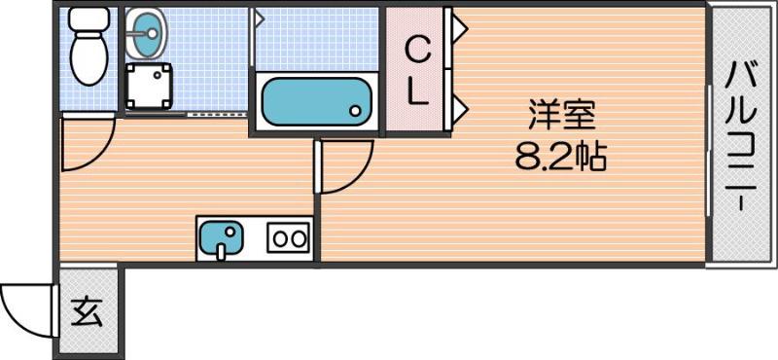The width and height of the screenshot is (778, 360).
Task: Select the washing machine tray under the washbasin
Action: (149, 87)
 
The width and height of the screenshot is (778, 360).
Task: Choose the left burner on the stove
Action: (279, 236)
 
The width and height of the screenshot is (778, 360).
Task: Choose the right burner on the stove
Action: (300, 236)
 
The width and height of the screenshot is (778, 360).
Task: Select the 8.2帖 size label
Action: (561, 156)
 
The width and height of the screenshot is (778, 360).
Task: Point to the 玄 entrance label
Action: (88, 312)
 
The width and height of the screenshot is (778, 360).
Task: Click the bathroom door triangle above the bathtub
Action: (259, 17)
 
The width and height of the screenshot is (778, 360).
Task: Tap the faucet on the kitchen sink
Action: (222, 251)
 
